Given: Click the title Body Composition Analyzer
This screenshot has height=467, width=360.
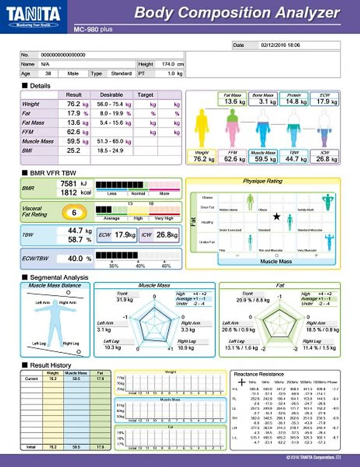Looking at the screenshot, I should point(237,13).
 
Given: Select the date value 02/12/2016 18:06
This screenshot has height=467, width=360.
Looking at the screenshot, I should point(280,45).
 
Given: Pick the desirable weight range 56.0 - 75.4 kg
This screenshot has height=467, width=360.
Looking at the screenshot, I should point(114,105).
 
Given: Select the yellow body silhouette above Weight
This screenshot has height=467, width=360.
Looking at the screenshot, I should point(202,128).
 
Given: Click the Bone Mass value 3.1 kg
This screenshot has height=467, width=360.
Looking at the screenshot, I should point(263,102).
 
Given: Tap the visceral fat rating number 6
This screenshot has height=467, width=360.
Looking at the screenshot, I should point(73,213).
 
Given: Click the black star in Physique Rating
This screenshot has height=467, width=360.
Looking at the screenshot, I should point(277,216).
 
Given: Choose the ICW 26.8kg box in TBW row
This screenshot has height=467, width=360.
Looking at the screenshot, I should point(159,235).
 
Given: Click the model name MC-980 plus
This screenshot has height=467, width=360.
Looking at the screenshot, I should point(93,30).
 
